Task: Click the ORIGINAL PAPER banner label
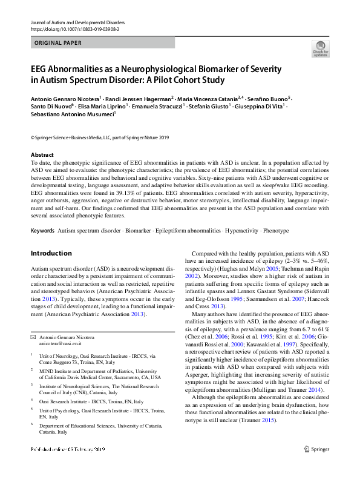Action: coord(59,43)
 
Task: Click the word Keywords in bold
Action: coord(42,231)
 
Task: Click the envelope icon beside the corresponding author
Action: coord(33,336)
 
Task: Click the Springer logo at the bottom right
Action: coord(317,465)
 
